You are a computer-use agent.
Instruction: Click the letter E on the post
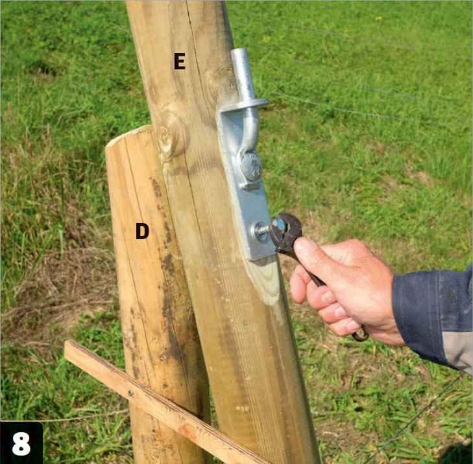click(x=180, y=62)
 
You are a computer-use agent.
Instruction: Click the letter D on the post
click(x=142, y=231)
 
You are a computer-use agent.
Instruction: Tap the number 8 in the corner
click(x=21, y=444)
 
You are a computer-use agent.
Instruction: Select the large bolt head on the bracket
click(x=250, y=167)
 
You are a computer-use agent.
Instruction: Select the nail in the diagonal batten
click(x=130, y=393)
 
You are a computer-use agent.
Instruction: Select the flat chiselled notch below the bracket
click(x=265, y=280)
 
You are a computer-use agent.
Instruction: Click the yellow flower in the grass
click(x=378, y=18)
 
